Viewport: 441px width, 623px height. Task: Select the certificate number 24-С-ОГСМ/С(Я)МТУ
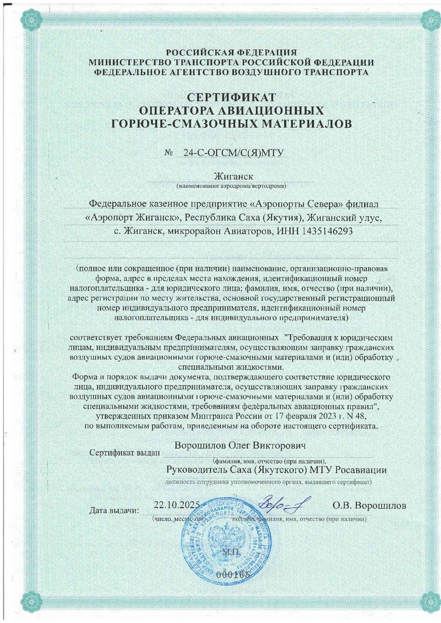234,153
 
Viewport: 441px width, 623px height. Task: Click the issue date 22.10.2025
177,504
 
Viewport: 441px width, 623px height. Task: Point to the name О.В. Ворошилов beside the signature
369,505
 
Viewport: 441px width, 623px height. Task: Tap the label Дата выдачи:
115,510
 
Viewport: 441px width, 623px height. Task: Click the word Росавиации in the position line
361,470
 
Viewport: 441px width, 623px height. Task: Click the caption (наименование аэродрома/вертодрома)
232,186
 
